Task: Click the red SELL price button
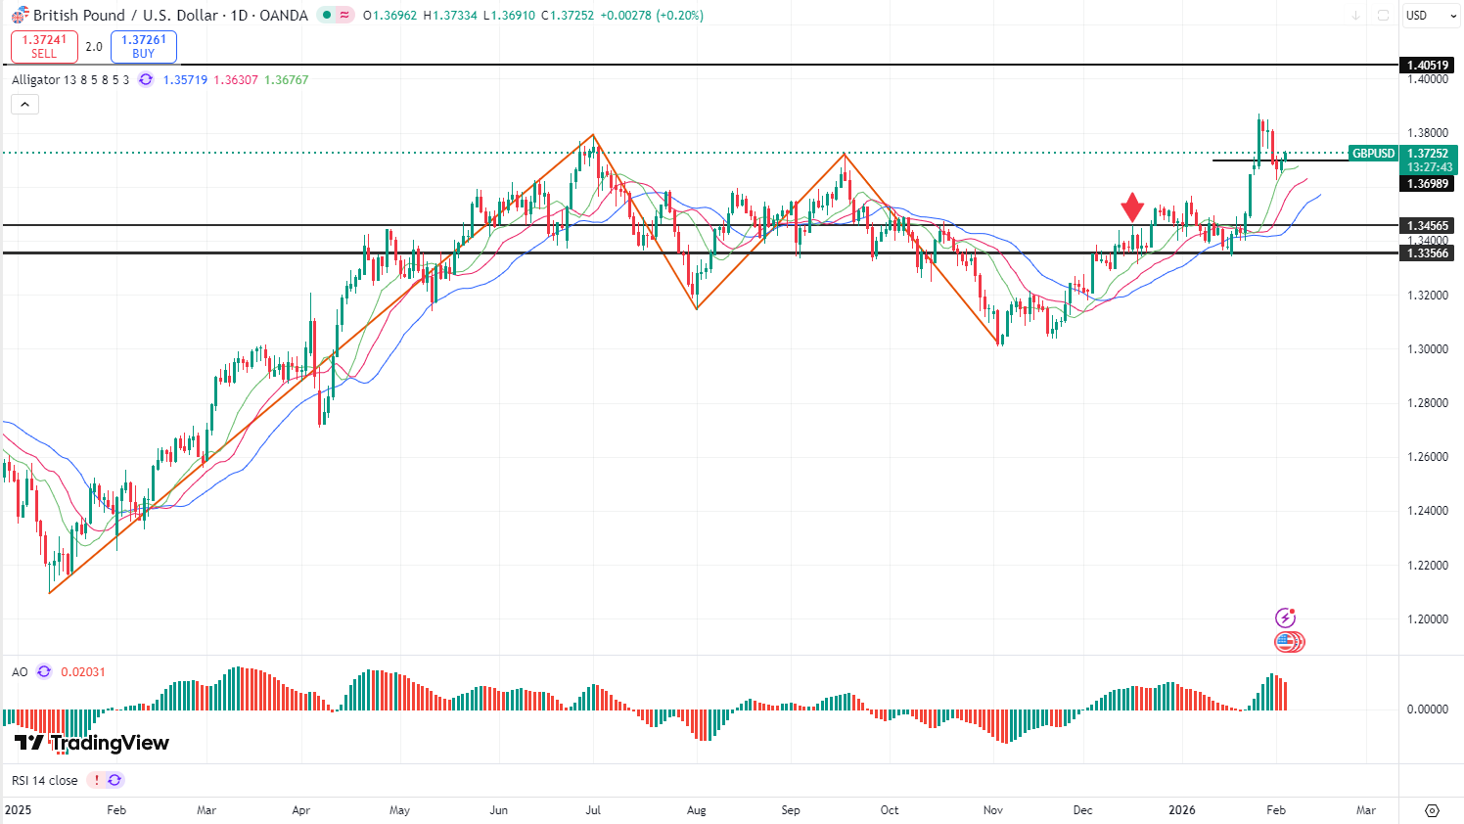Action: (44, 47)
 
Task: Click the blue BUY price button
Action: (144, 47)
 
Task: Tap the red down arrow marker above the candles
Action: (1132, 206)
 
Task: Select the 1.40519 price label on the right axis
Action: (1428, 66)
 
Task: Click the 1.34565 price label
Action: (1428, 225)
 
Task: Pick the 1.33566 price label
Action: (1428, 252)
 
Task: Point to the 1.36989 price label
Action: (1428, 184)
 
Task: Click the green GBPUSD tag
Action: (1373, 154)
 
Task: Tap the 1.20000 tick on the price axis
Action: (1427, 619)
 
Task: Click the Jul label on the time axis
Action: (593, 810)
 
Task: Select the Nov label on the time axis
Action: (993, 810)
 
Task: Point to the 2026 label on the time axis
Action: (1182, 810)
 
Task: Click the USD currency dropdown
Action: (1427, 16)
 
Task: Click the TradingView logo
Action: (92, 743)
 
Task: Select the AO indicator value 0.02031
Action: (83, 672)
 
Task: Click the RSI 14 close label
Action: (44, 780)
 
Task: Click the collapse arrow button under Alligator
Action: (24, 105)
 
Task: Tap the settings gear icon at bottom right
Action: (1432, 810)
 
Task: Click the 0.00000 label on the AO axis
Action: (1427, 710)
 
